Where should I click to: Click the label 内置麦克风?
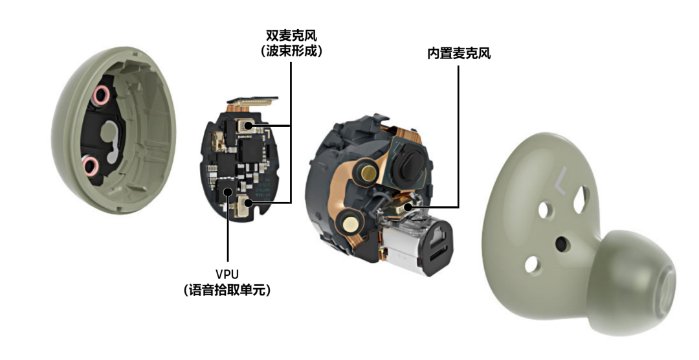point(459,54)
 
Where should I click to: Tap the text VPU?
point(227,273)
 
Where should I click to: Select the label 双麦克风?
point(291,35)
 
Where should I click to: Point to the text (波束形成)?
point(291,51)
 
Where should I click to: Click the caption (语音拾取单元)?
point(227,291)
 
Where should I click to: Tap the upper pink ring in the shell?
point(101,95)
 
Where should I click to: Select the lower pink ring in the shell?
point(91,166)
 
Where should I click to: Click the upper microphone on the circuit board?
point(244,126)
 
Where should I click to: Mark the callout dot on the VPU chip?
point(228,192)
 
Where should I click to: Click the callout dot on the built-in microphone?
point(408,207)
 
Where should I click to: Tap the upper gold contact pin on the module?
point(367,172)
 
